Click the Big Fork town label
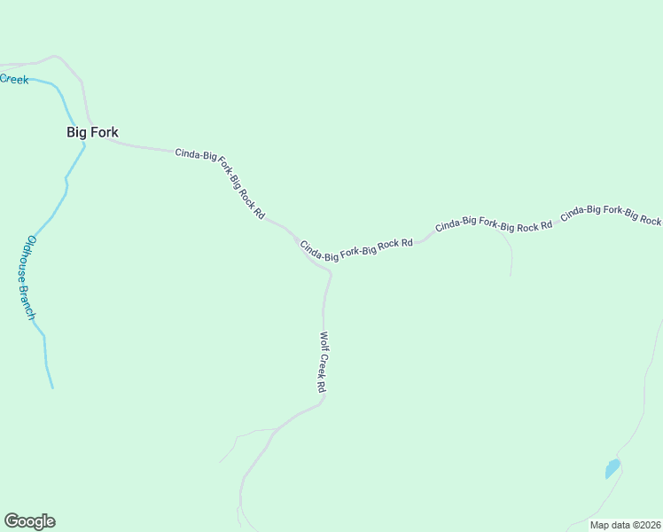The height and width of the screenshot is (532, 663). (92, 132)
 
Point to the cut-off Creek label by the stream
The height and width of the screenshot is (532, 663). (14, 79)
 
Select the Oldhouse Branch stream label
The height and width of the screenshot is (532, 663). (31, 277)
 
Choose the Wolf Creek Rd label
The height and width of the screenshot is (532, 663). (324, 362)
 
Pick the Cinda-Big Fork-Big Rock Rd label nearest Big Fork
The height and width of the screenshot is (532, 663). (220, 182)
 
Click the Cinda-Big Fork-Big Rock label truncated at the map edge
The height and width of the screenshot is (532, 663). (611, 214)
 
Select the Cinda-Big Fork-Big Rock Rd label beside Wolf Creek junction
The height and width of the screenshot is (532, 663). (356, 250)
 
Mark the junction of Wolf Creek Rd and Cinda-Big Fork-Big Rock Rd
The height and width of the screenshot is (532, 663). (329, 271)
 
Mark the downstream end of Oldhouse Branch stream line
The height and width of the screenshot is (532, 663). (52, 387)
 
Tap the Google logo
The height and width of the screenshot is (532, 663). (29, 521)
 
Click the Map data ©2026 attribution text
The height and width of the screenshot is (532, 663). (625, 525)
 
